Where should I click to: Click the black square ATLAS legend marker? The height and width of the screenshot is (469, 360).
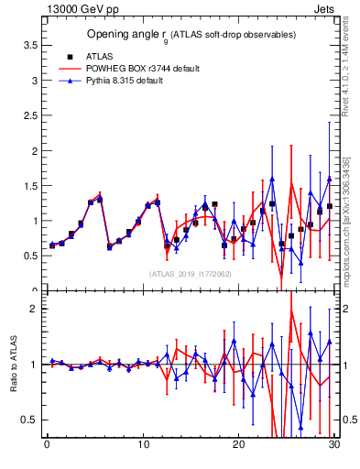66,56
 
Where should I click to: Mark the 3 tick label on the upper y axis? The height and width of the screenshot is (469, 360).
35,80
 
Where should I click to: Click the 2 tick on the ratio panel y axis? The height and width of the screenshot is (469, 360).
35,309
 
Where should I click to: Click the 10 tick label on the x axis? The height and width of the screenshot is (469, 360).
142,445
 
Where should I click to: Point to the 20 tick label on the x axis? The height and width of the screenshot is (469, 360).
238,445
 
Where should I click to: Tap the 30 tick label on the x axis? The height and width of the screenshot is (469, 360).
333,445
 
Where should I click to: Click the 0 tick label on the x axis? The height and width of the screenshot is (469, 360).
47,445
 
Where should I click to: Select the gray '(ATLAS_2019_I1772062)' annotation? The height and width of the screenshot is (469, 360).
190,273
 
